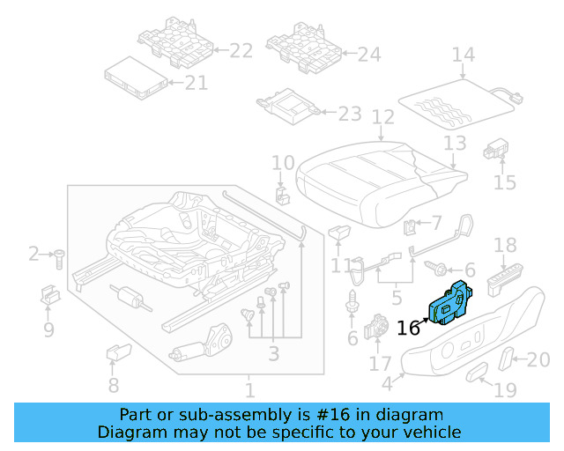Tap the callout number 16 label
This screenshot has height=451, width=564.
pos(408,329)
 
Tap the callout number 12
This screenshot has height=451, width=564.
pos(382,116)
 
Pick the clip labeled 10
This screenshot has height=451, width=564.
pos(282,195)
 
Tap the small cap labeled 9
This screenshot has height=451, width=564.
pos(49,295)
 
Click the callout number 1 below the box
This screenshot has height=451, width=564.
pos(249,389)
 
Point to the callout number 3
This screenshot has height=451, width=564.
pos(274,354)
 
